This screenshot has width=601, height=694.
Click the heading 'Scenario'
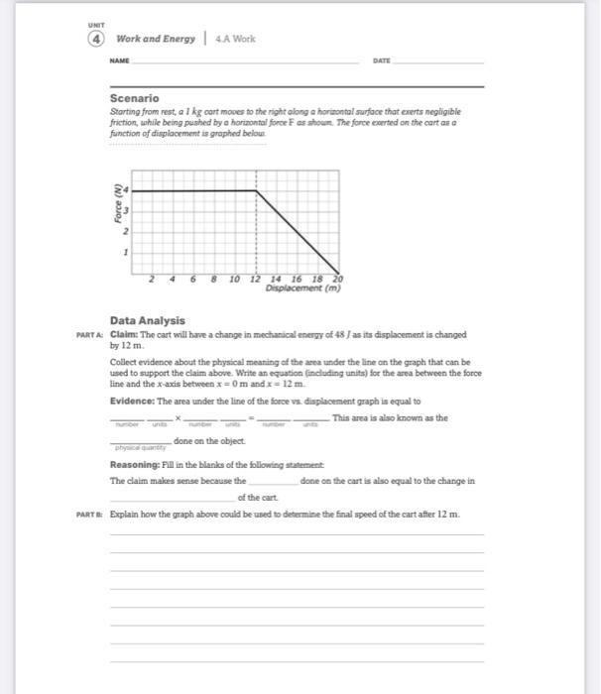[x=134, y=98]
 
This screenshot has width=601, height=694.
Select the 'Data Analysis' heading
[x=147, y=320]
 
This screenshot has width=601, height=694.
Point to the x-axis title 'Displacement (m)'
[x=302, y=289]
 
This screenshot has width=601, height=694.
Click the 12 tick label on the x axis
[x=256, y=280]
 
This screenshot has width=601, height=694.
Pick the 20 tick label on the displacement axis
[x=336, y=280]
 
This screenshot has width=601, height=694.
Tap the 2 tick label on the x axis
[x=151, y=280]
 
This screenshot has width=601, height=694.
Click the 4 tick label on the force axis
[x=127, y=189]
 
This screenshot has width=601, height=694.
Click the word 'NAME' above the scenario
[x=120, y=60]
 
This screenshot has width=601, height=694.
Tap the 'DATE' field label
[x=381, y=60]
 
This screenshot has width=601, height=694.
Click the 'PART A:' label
[x=90, y=334]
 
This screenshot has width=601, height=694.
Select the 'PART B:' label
[x=90, y=515]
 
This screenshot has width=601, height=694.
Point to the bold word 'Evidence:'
[x=132, y=402]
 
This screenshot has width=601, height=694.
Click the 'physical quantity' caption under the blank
[x=139, y=447]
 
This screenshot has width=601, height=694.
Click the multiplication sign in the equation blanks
[x=178, y=417]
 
